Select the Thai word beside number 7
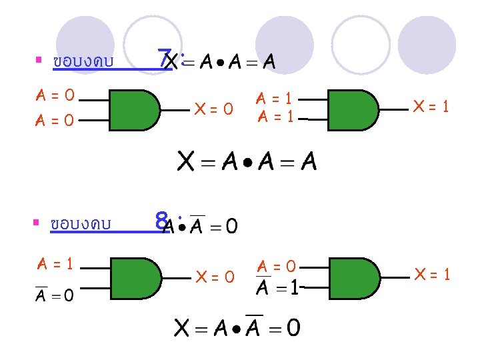[83, 62]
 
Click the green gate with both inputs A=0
[134, 109]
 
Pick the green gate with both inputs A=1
[354, 109]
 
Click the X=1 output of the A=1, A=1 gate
[431, 106]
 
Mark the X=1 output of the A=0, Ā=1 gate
[431, 273]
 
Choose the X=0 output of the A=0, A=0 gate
[213, 108]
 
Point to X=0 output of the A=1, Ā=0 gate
[214, 275]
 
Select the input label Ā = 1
[277, 289]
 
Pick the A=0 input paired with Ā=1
[277, 267]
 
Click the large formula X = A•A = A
[247, 161]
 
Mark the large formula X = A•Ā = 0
[237, 327]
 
